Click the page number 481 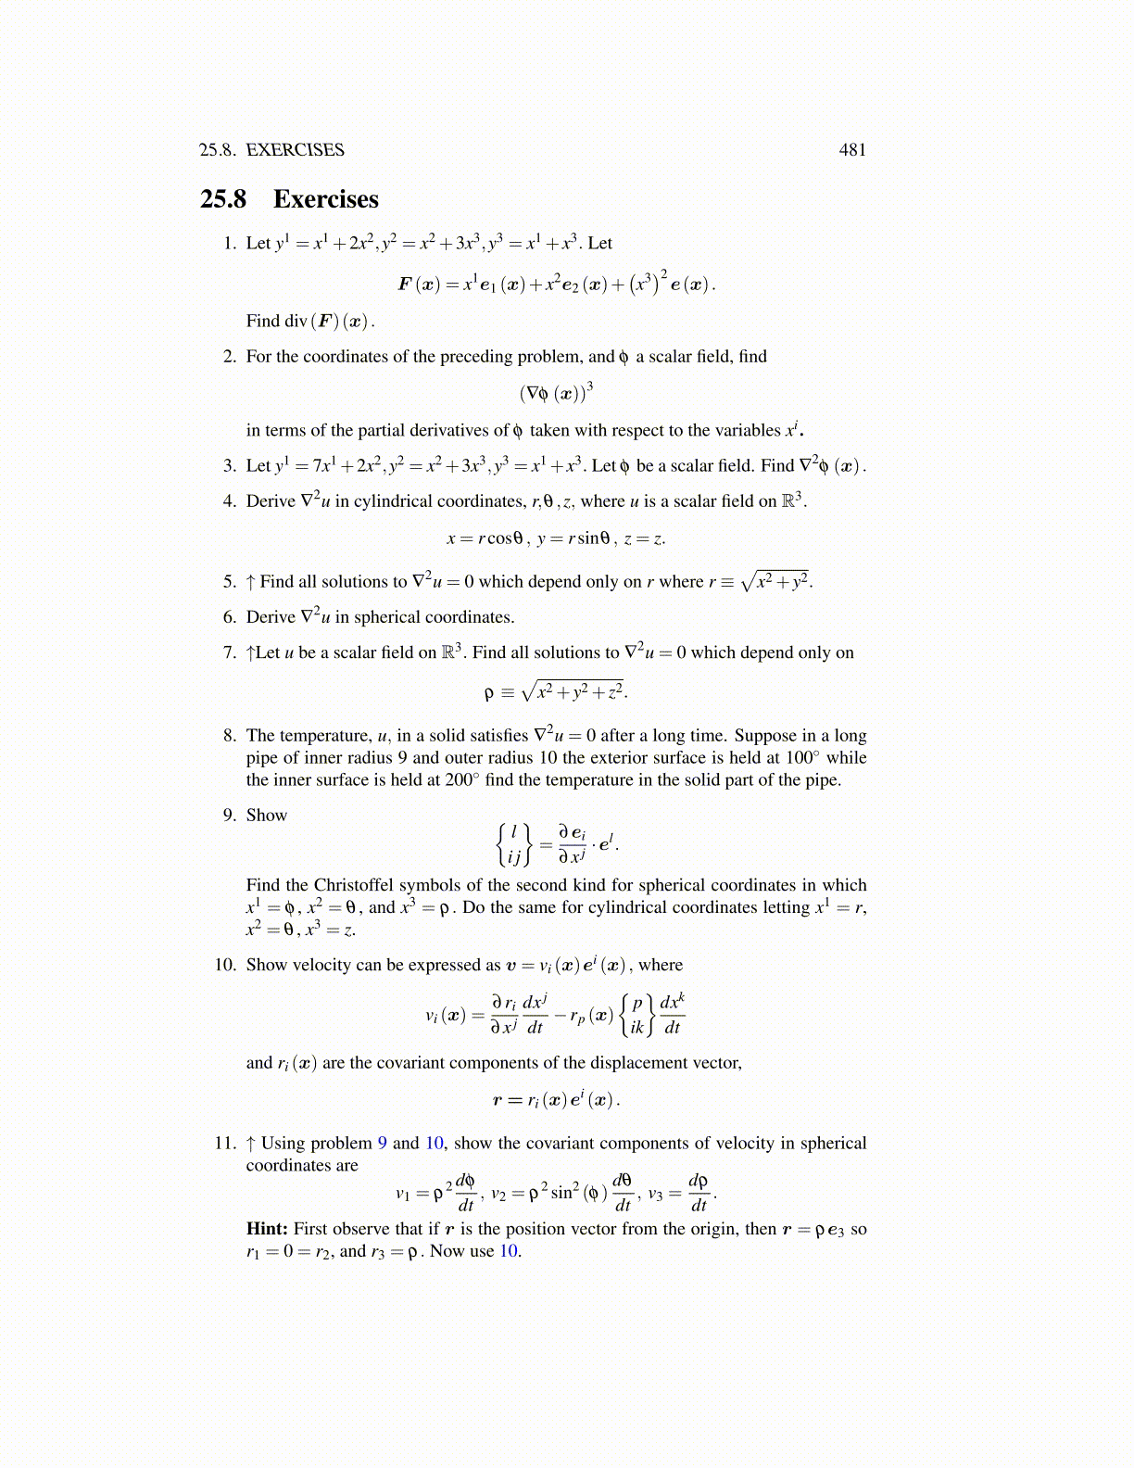tap(852, 150)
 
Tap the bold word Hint tap(267, 1229)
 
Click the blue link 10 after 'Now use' tap(509, 1251)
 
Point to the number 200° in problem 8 tap(462, 779)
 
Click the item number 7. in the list tap(230, 652)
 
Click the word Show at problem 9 tap(267, 816)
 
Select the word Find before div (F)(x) tap(263, 321)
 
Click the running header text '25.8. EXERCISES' tap(271, 150)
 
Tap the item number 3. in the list tap(230, 466)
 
